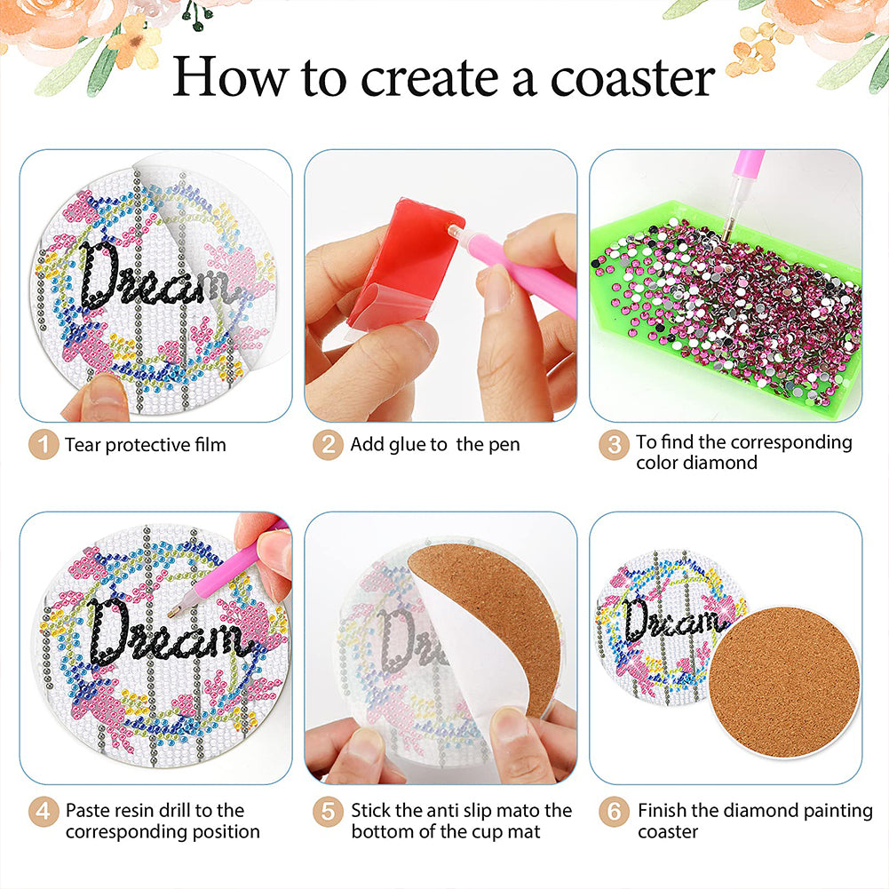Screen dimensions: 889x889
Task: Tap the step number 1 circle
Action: (44, 445)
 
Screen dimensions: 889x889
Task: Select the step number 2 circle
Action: (328, 445)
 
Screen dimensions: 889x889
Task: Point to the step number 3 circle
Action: (614, 445)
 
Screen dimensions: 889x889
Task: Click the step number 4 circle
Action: (44, 812)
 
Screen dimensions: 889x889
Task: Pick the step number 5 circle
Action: (328, 812)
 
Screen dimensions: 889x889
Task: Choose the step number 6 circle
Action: (614, 812)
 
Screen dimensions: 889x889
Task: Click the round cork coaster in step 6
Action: (785, 683)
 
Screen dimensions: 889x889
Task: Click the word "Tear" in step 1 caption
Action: (83, 445)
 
